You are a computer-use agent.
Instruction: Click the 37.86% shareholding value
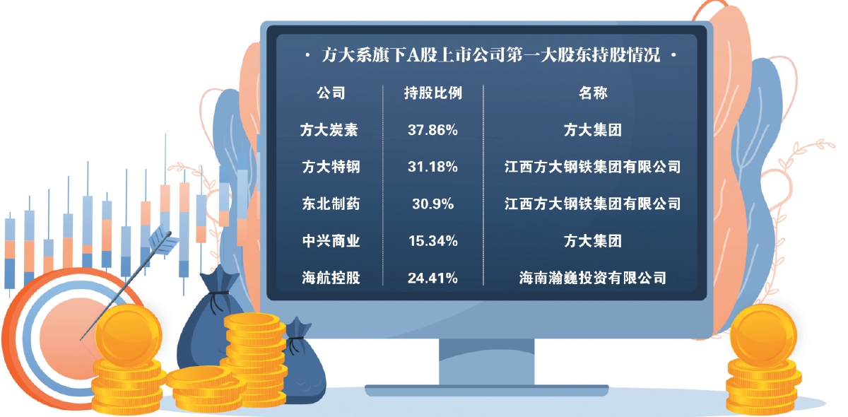click(432, 130)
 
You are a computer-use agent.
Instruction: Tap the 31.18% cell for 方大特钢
click(432, 167)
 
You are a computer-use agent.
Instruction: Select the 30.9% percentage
click(432, 204)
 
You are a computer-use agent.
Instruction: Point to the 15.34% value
click(432, 241)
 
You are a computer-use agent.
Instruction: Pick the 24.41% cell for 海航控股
click(432, 278)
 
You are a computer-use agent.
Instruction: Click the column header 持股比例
click(432, 93)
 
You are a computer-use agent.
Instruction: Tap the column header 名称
click(593, 93)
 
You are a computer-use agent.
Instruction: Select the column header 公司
click(331, 93)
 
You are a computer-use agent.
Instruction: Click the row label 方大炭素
click(329, 130)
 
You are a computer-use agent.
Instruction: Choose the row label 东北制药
click(331, 204)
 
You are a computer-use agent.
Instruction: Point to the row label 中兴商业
click(331, 241)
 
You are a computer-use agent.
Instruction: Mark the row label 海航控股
click(331, 278)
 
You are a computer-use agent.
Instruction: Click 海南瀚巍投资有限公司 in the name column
click(593, 278)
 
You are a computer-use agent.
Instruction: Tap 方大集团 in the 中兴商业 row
click(593, 241)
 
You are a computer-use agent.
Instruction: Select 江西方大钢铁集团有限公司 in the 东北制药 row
click(593, 204)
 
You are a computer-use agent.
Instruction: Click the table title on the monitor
click(491, 55)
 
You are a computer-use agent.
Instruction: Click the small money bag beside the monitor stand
click(303, 363)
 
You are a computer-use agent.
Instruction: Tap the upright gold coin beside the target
click(129, 336)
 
